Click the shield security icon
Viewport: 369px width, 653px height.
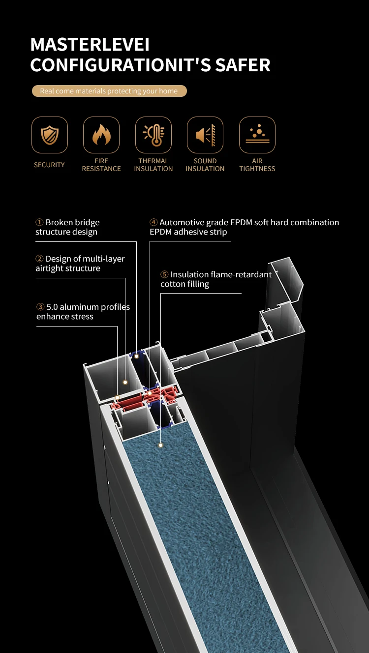click(50, 135)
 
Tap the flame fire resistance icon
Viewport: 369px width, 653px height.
click(101, 135)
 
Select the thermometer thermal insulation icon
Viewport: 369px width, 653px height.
click(154, 135)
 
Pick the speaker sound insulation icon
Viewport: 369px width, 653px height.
click(205, 135)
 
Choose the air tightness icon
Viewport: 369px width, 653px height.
click(257, 135)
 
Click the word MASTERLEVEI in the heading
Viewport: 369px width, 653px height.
click(90, 45)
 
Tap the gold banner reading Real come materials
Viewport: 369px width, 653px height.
click(109, 91)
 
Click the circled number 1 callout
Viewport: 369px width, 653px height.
click(39, 223)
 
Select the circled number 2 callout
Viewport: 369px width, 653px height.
click(39, 259)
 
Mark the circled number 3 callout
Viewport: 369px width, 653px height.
click(40, 307)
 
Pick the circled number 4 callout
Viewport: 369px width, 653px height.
click(154, 223)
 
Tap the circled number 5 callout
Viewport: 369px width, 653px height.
click(164, 275)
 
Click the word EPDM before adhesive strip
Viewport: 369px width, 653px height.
click(161, 232)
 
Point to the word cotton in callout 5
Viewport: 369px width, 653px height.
click(173, 284)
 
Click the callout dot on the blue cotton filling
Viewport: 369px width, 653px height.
click(160, 445)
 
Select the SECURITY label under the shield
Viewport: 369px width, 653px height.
click(49, 165)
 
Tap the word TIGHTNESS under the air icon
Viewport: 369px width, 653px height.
click(257, 169)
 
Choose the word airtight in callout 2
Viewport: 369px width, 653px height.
click(51, 268)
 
